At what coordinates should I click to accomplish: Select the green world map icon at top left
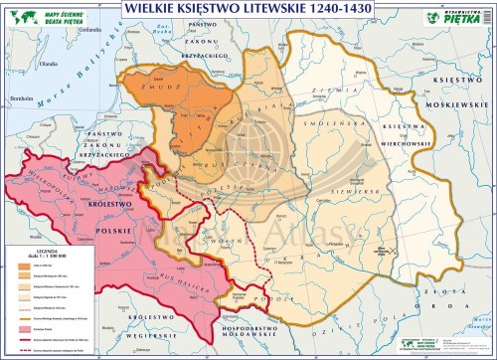(16, 14)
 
